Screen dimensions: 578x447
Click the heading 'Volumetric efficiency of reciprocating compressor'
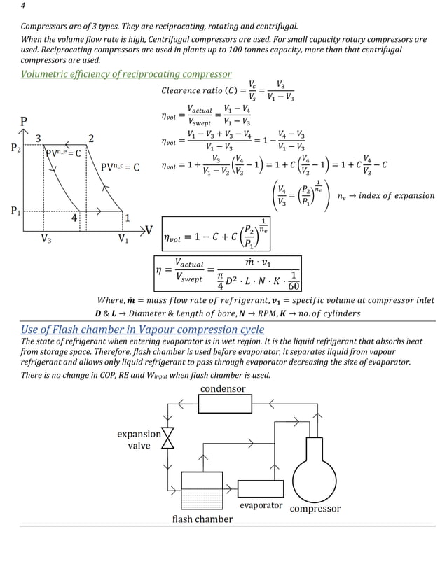[126, 74]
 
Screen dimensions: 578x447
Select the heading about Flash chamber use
[143, 329]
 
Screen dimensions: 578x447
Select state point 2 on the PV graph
[91, 138]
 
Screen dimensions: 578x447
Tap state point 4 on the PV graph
[74, 218]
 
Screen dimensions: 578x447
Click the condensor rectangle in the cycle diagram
[224, 403]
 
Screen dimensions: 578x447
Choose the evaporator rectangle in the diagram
[261, 488]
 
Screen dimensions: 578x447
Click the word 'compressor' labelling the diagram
[315, 509]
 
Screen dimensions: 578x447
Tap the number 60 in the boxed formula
[294, 286]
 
